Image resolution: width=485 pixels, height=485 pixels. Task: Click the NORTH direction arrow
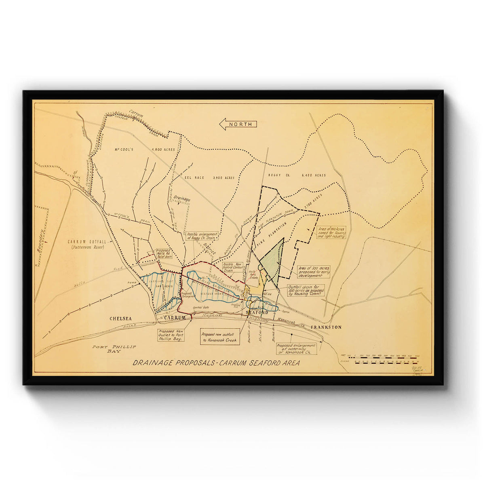[x=238, y=124]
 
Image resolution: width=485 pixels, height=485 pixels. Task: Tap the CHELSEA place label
[x=121, y=318]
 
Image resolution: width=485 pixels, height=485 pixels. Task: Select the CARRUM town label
[x=175, y=318]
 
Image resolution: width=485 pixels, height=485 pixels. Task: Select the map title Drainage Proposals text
[x=216, y=363]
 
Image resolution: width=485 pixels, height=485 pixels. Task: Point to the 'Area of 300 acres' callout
[x=314, y=271]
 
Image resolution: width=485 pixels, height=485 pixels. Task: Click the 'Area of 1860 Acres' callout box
[x=331, y=232]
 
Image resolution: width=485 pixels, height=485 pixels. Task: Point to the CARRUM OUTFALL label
[x=86, y=244]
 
